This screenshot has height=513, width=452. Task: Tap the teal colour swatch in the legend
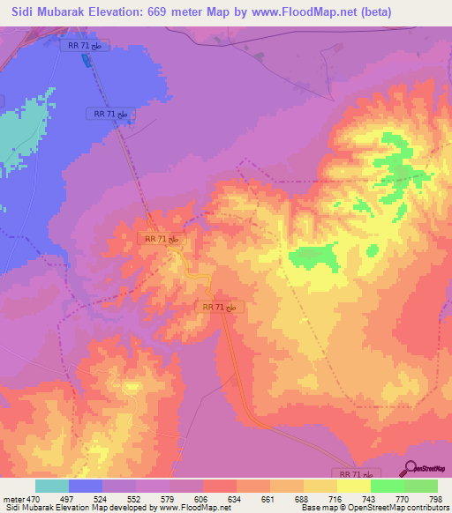click(52, 486)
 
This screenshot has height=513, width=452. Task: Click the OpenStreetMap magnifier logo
click(411, 468)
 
